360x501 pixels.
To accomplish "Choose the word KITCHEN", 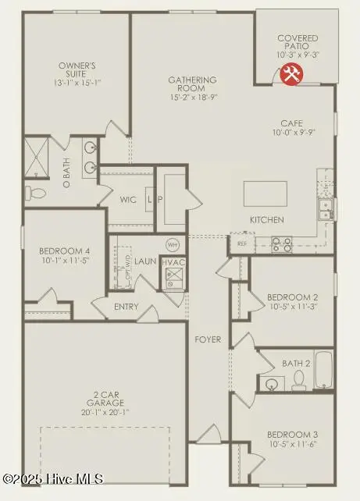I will (266, 220).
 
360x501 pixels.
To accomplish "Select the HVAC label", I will (173, 262).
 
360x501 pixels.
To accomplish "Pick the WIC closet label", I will (129, 200).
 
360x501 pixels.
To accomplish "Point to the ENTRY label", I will (127, 307).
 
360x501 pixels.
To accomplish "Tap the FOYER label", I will (208, 339).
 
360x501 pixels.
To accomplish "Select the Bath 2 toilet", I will (298, 380).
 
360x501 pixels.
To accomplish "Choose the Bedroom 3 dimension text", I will (293, 444).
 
